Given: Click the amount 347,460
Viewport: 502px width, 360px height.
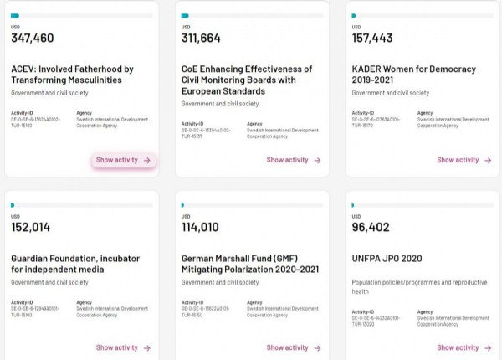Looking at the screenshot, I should click(33, 39).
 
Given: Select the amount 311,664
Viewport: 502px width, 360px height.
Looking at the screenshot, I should click(203, 39).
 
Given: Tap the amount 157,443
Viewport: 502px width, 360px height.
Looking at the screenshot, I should click(374, 39).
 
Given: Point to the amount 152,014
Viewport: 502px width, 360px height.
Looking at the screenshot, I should click(31, 227).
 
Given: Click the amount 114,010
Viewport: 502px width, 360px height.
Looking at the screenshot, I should click(202, 227).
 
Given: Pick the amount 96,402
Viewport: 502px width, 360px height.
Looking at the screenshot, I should click(371, 227).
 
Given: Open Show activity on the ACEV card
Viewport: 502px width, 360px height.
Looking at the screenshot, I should click(123, 160).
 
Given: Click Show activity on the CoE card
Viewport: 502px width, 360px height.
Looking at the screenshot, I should click(294, 160).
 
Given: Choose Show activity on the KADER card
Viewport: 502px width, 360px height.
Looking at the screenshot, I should click(464, 160).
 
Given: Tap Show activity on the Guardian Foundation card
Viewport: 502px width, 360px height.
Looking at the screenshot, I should click(123, 347).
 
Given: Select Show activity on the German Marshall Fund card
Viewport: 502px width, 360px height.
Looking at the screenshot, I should click(294, 347).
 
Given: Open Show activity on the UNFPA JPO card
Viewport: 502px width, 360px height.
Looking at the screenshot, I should click(464, 347).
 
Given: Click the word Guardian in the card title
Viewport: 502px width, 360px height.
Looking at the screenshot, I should click(33, 259).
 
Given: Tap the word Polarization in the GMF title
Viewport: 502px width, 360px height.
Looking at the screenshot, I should click(248, 270).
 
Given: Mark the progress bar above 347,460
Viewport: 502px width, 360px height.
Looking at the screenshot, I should click(82, 15).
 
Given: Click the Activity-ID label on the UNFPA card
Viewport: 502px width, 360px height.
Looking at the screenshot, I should click(363, 311).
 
